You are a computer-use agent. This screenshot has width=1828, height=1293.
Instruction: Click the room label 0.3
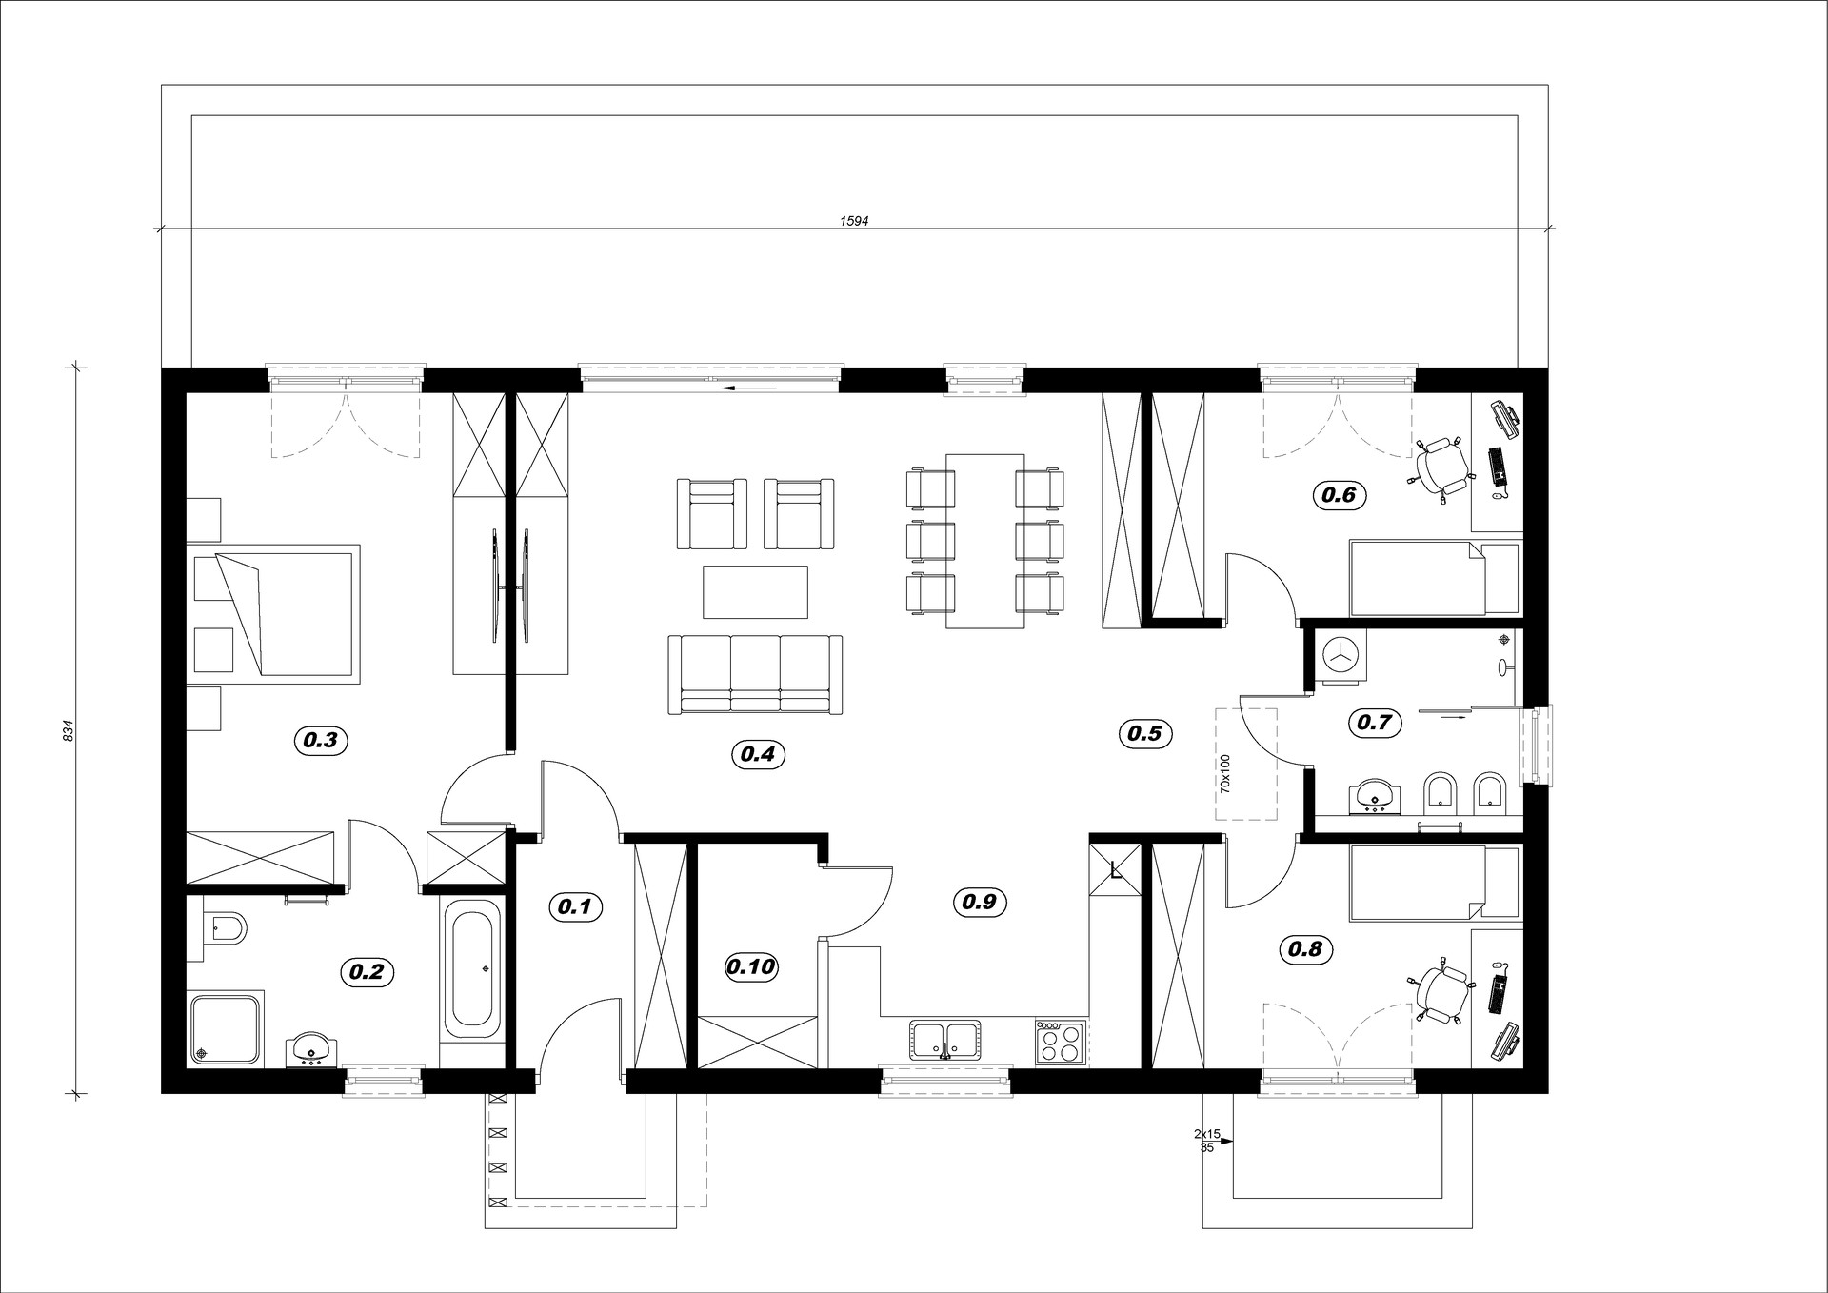321,739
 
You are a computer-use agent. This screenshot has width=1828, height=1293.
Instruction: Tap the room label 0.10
752,967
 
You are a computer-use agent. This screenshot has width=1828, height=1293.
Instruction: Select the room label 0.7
1375,723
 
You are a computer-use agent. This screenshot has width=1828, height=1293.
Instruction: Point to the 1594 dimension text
854,220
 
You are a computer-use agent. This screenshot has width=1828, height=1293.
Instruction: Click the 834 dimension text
68,730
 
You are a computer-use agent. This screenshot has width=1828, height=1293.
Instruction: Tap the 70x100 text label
1225,773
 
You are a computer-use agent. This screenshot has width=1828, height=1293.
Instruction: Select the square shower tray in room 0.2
226,1028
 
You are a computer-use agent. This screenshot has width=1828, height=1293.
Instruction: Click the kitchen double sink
944,1040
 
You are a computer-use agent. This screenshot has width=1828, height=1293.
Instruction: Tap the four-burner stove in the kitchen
1061,1041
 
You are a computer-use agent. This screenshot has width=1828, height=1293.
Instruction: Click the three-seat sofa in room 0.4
755,675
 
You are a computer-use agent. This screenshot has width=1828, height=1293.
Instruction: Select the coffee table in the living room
755,592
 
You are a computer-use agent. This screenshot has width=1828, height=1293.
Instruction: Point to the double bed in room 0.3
273,614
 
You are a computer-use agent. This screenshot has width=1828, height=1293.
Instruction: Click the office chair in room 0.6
1440,467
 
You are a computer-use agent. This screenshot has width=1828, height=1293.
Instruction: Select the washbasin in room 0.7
1372,796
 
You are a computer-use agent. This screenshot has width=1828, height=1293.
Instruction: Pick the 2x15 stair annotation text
1207,1134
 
